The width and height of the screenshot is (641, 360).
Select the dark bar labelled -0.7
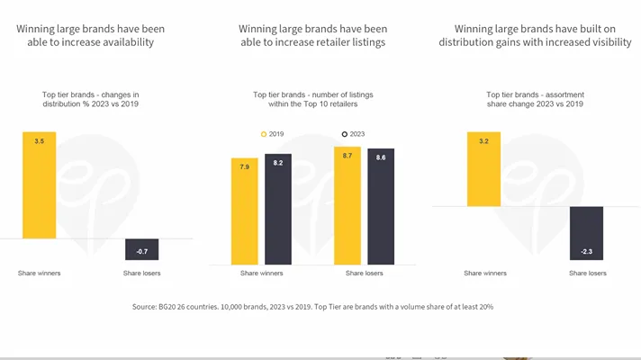[x=142, y=250]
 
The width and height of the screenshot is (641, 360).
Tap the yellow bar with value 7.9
[x=244, y=211]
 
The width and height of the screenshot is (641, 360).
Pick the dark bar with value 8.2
[x=277, y=209]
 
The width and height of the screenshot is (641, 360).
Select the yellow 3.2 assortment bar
[x=483, y=169]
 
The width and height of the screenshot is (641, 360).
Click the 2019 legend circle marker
[x=264, y=134]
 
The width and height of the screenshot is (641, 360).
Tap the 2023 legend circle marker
[x=345, y=134]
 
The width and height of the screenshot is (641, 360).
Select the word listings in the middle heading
[x=361, y=42]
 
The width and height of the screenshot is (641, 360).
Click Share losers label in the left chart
[x=142, y=273]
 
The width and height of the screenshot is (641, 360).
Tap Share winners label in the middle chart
[x=260, y=273]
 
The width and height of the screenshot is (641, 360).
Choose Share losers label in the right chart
[x=585, y=273]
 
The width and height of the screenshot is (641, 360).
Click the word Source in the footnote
[x=147, y=307]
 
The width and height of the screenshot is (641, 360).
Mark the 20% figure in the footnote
[x=483, y=307]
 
